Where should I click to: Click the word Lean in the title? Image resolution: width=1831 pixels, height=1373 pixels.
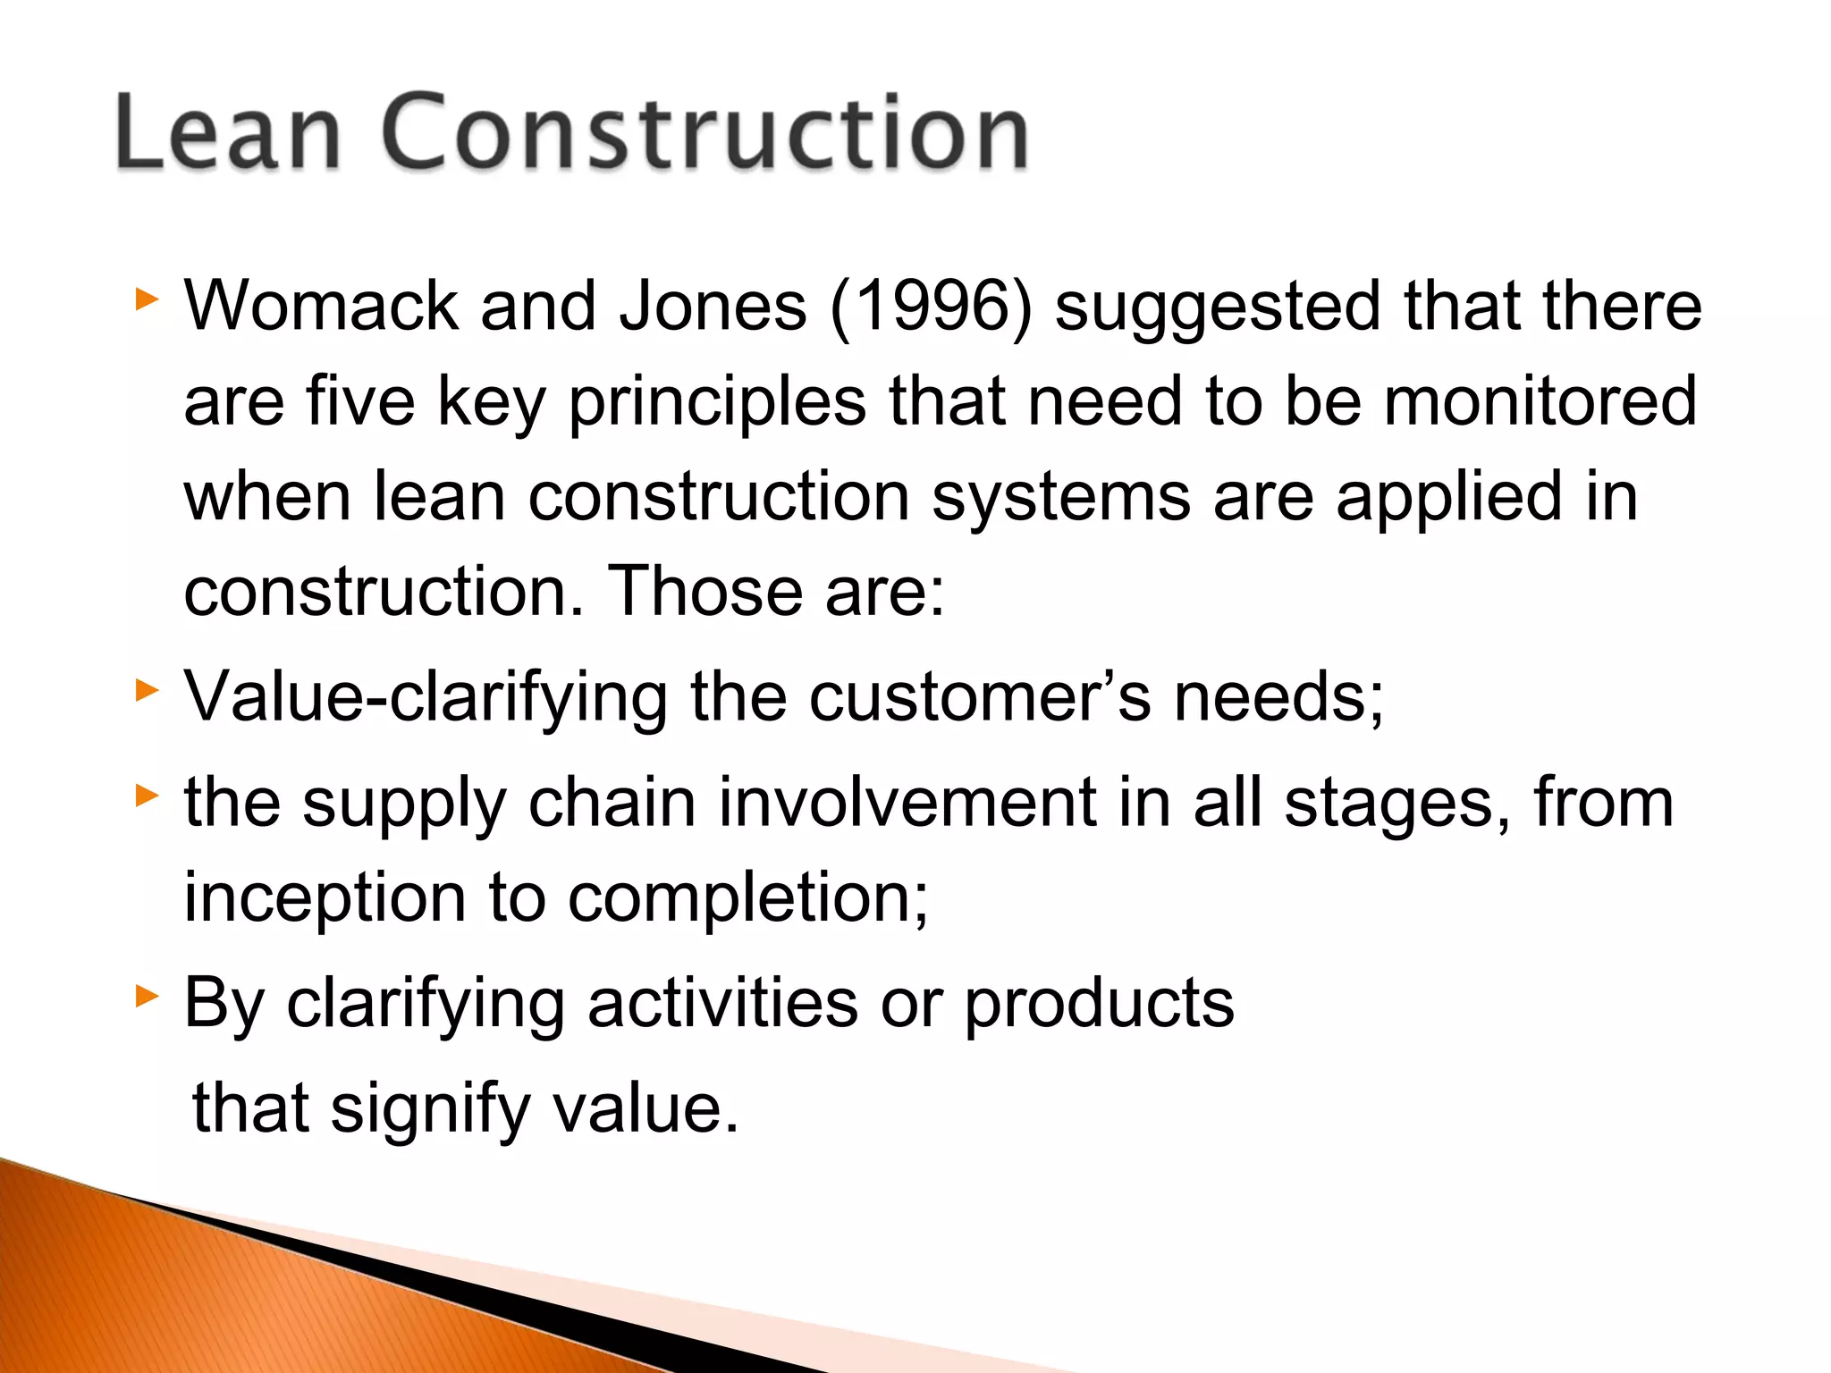(228, 132)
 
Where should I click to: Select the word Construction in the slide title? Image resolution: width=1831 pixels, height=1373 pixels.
(705, 132)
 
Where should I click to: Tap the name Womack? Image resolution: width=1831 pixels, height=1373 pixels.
(321, 306)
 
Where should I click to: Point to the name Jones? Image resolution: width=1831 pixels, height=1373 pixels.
(713, 306)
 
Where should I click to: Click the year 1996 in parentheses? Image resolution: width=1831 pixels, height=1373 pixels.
(931, 306)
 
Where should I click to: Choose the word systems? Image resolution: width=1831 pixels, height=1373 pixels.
(1060, 499)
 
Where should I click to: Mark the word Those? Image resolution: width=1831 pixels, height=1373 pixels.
(705, 591)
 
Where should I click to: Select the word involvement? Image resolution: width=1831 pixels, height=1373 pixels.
(907, 802)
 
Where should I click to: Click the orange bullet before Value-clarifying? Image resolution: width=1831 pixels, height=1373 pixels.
(147, 691)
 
